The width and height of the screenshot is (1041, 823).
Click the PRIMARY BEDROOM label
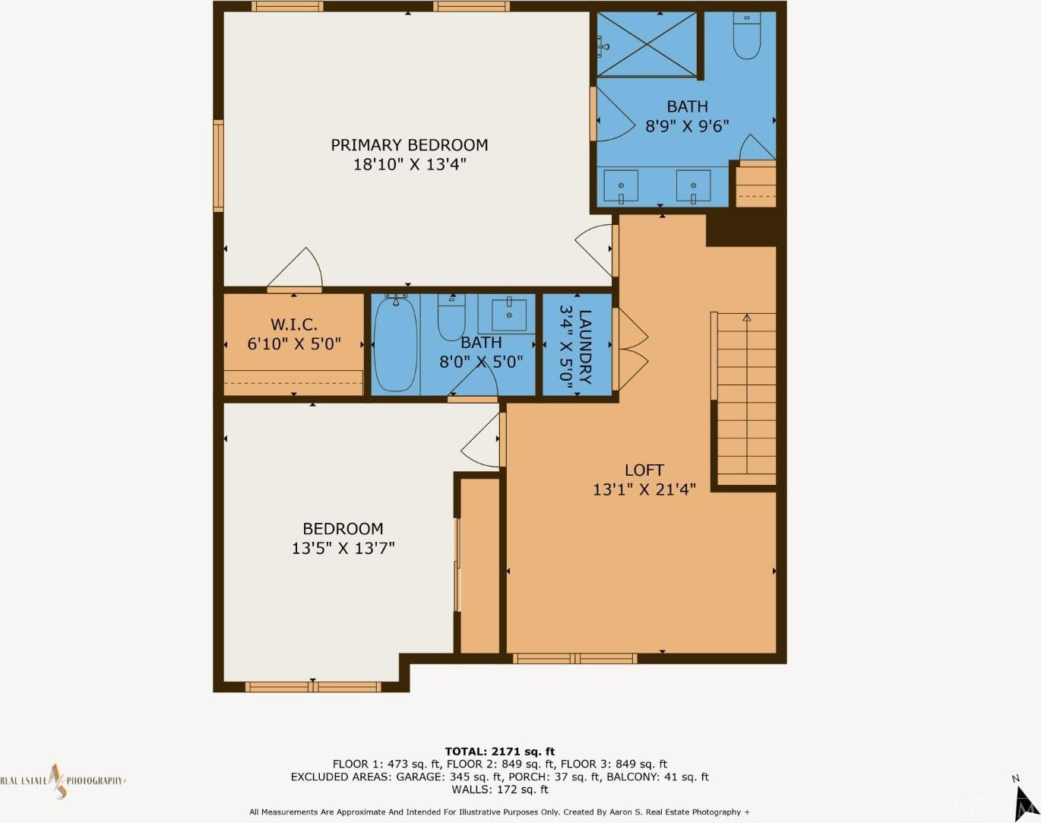(410, 145)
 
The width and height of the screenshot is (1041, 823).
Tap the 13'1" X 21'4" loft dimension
(644, 489)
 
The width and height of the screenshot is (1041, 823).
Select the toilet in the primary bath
(747, 36)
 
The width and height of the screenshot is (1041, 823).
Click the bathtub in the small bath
(396, 344)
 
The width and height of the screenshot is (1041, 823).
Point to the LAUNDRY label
(585, 347)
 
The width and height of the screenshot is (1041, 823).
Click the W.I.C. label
(293, 324)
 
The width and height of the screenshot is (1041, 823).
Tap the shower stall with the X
(647, 44)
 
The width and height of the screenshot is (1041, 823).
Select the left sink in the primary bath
(621, 185)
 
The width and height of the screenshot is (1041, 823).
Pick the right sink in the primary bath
(693, 185)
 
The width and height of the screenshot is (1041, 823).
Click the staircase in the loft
(746, 399)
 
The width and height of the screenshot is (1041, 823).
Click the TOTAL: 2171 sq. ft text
(500, 752)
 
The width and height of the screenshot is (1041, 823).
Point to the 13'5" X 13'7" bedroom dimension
(343, 548)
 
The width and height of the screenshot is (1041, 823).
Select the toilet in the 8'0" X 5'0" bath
(451, 317)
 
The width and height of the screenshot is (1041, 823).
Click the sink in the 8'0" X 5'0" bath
(509, 315)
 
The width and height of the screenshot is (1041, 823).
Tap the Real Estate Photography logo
(63, 781)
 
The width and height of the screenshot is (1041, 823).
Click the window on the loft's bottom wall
(574, 659)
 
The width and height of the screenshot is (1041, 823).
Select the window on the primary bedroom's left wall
(219, 166)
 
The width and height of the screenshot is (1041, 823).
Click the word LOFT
(644, 470)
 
